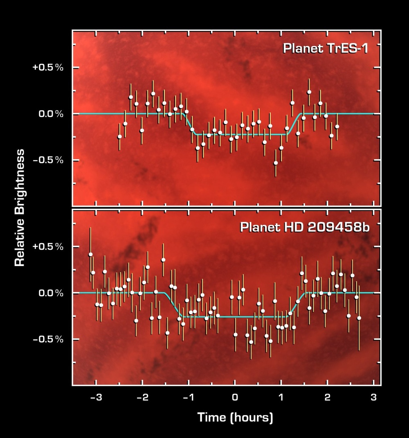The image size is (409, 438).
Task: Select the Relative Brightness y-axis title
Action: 19,208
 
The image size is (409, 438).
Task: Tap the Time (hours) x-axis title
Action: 235,418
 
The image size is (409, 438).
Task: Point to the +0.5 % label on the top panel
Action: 48,68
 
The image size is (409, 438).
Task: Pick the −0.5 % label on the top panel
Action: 48,160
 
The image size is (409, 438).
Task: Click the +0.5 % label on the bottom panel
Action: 48,247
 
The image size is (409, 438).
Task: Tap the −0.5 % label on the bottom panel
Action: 48,339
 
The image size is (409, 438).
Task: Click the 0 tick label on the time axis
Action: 235,397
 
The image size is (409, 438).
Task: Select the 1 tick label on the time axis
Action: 281,397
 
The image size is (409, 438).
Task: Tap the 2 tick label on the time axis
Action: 327,397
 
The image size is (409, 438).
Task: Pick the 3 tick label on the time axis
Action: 373,397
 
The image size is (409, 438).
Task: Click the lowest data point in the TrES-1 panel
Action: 276,163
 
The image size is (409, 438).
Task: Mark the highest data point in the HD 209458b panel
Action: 90,255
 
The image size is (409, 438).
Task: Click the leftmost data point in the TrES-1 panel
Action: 119,137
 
